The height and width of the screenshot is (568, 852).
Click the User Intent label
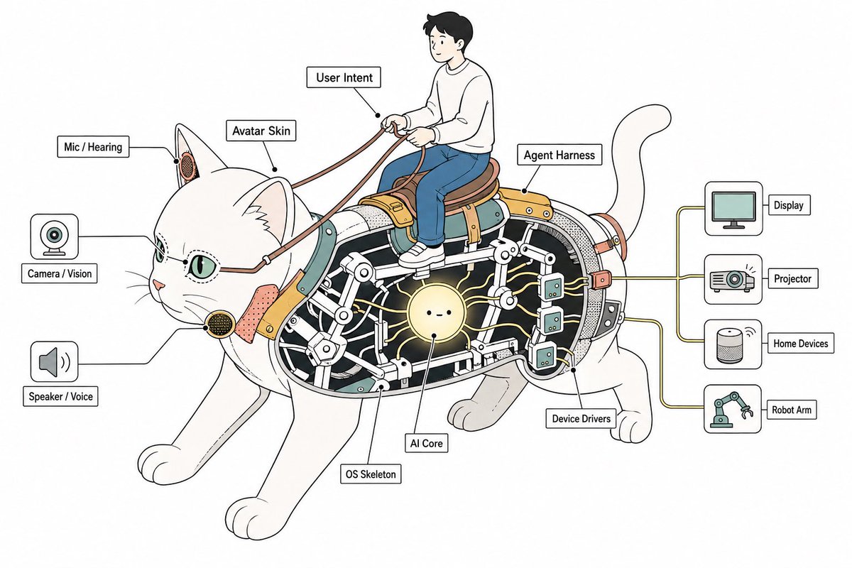click(344, 77)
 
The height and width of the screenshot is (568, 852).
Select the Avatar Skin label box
click(261, 131)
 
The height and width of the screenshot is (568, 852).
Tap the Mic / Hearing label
click(93, 147)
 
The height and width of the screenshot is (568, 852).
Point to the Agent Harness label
click(559, 155)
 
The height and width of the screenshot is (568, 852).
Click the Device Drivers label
click(581, 418)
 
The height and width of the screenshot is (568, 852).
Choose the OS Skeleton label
click(371, 474)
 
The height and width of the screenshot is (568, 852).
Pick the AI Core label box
click(427, 443)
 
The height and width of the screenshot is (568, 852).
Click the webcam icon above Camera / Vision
click(55, 236)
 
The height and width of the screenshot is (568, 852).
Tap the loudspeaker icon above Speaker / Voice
click(55, 361)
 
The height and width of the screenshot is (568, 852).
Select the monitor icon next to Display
click(733, 209)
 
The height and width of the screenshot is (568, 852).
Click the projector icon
click(733, 280)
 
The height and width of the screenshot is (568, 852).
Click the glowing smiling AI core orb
click(435, 312)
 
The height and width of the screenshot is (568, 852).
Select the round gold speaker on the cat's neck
click(220, 324)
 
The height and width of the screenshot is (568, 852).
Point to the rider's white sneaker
click(422, 256)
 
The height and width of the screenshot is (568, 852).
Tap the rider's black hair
click(449, 27)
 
